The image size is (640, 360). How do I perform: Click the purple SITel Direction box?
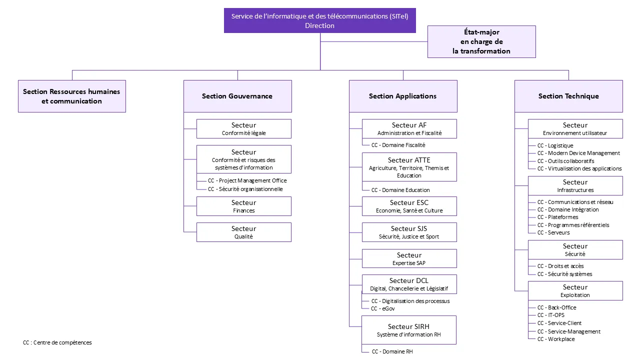[319, 20]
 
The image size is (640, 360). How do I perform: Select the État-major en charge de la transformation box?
[481, 41]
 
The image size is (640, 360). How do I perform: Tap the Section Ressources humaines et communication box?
[72, 96]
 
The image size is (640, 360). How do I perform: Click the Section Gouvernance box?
[237, 96]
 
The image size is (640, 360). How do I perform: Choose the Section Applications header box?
[403, 96]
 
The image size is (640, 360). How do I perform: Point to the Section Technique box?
[568, 96]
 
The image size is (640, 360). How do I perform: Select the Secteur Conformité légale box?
[244, 128]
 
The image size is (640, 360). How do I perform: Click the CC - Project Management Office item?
[247, 180]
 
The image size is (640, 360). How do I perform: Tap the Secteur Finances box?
[244, 206]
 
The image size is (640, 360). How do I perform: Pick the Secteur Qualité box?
[244, 232]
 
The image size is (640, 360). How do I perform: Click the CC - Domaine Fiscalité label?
[398, 145]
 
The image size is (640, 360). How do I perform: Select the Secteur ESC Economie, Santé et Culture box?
[409, 206]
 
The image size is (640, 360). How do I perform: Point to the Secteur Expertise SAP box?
[409, 258]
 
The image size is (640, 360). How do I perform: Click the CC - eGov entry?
[383, 309]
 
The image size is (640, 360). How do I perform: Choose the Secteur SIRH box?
[409, 330]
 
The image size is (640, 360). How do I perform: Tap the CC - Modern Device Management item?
[578, 153]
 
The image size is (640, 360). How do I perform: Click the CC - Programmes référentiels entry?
[573, 225]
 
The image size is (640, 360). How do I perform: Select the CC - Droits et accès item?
[560, 266]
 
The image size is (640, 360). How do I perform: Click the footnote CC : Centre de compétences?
[57, 342]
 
